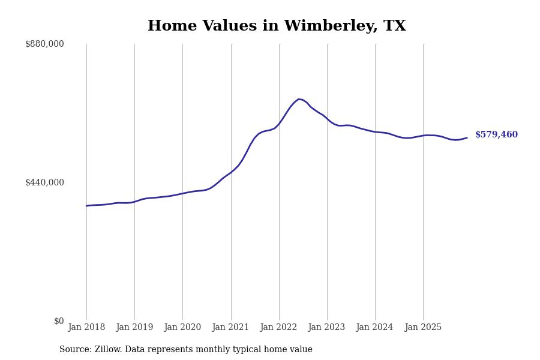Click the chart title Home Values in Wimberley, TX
[x=277, y=26]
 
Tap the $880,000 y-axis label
[x=44, y=44]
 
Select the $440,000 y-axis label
[x=44, y=182]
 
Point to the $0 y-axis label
[x=58, y=321]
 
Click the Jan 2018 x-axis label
[x=86, y=328]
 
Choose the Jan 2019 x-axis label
[x=134, y=328]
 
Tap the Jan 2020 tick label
[x=182, y=328]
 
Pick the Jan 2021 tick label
[x=231, y=328]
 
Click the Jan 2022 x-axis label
[x=279, y=328]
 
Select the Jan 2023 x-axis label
[x=327, y=328]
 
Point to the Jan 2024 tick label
[x=375, y=328]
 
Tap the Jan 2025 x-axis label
[x=423, y=328]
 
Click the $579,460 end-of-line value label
[x=496, y=135]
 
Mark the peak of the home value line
[x=299, y=99]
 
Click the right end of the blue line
[x=467, y=138]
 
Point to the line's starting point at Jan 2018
[x=86, y=206]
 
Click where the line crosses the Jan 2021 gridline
[x=231, y=172]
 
